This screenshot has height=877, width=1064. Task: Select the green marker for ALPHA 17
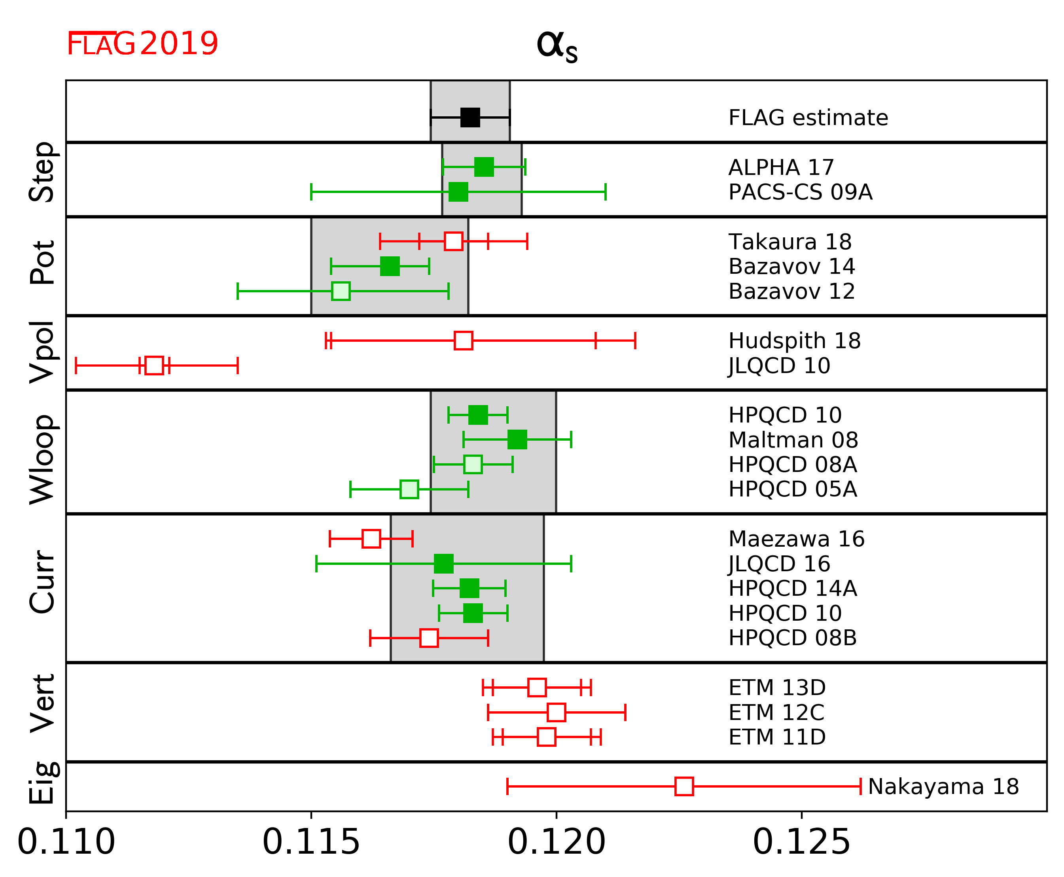coord(483,167)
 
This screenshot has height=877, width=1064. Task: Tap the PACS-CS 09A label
coord(800,192)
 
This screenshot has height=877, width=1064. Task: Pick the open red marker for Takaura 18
coord(453,241)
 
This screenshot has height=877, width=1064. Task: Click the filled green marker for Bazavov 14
coord(390,266)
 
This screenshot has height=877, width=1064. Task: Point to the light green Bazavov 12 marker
coord(341,291)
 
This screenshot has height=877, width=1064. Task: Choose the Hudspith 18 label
coord(794,341)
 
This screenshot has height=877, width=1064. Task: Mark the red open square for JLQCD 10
coord(154,365)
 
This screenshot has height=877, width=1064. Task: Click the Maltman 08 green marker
coord(517,439)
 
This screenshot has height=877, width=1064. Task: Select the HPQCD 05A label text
coord(792,489)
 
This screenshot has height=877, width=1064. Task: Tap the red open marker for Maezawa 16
coord(371,538)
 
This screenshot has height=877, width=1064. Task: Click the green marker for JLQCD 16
coord(443,563)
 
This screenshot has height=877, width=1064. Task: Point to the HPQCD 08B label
coord(792,638)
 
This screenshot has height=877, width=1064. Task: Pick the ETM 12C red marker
coord(556,712)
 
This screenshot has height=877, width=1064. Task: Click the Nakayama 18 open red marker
coord(684,786)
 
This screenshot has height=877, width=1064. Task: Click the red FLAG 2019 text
coord(142,44)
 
